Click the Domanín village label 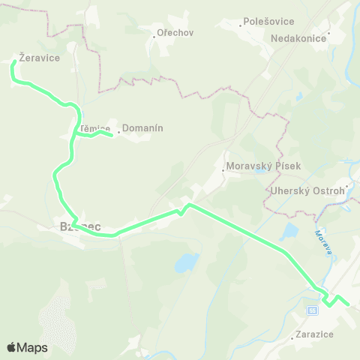click(x=142, y=128)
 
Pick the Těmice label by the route click(x=95, y=128)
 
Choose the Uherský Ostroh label click(x=308, y=190)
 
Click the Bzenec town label click(x=80, y=226)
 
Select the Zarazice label click(x=314, y=334)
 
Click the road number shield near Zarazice click(x=312, y=310)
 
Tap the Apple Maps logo click(x=27, y=347)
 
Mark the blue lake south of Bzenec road click(x=186, y=262)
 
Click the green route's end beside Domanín click(x=112, y=135)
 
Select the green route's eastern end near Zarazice click(x=348, y=304)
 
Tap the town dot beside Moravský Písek click(x=223, y=169)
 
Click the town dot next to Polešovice click(x=240, y=25)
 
